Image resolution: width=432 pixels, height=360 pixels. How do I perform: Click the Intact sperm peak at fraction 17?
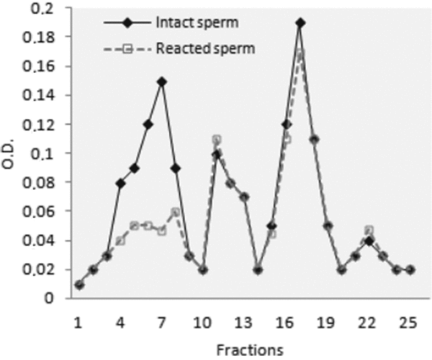click(300, 22)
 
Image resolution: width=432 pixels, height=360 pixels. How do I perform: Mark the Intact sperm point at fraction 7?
click(162, 81)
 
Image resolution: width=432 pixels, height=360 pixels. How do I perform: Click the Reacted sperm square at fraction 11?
click(217, 139)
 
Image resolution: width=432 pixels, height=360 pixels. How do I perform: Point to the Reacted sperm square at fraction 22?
click(369, 230)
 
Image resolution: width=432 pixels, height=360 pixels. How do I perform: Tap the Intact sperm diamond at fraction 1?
click(79, 284)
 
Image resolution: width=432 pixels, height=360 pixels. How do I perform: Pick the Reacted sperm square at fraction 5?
click(134, 225)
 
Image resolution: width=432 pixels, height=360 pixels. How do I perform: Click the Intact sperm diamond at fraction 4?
click(120, 184)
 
